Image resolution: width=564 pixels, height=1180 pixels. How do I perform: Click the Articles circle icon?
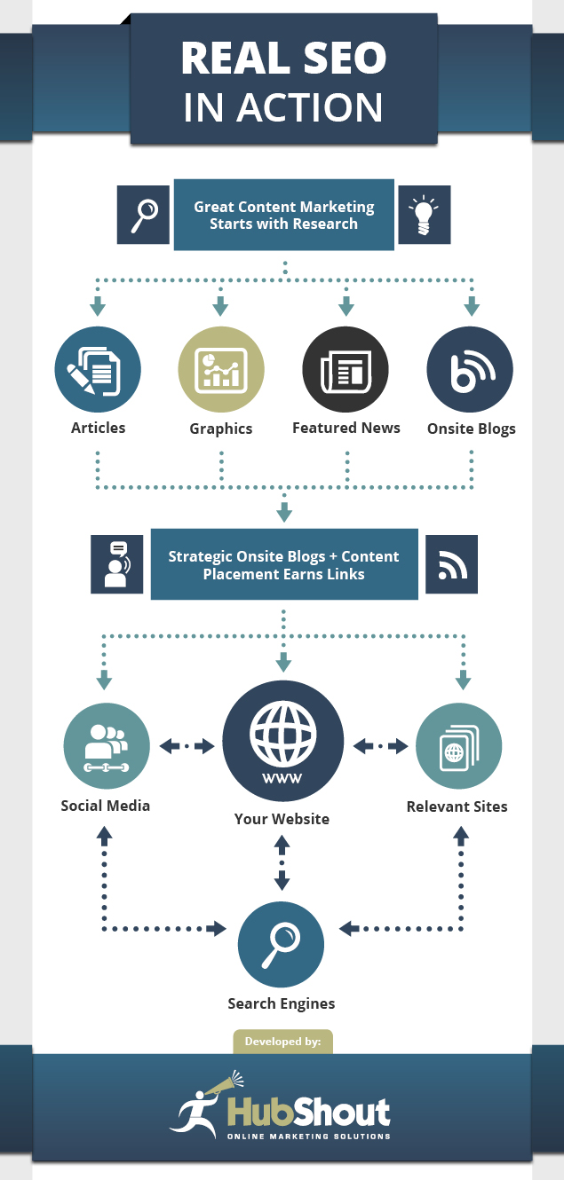click(x=98, y=371)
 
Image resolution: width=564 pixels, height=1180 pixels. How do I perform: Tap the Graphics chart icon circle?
click(x=221, y=371)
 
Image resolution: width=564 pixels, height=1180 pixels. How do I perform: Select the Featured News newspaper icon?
click(x=346, y=371)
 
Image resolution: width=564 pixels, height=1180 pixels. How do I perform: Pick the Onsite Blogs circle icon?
click(x=470, y=371)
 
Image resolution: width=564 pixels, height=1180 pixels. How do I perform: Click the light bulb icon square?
click(x=424, y=216)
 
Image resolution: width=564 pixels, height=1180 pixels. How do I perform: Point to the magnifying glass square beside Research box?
click(x=144, y=216)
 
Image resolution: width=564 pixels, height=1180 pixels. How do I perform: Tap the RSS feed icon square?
click(x=451, y=564)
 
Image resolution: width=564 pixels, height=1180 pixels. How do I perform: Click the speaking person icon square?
click(x=117, y=564)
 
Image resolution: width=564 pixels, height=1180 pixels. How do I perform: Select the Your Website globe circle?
click(x=282, y=742)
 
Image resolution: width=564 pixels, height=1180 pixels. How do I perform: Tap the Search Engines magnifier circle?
click(x=282, y=945)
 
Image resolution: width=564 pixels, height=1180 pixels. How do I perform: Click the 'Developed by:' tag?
click(x=282, y=1042)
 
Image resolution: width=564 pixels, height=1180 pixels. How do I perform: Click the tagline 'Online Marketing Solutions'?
click(x=308, y=1136)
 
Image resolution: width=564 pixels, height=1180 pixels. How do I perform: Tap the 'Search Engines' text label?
click(x=282, y=1004)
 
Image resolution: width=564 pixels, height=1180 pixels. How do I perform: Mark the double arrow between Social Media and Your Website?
click(x=187, y=747)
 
